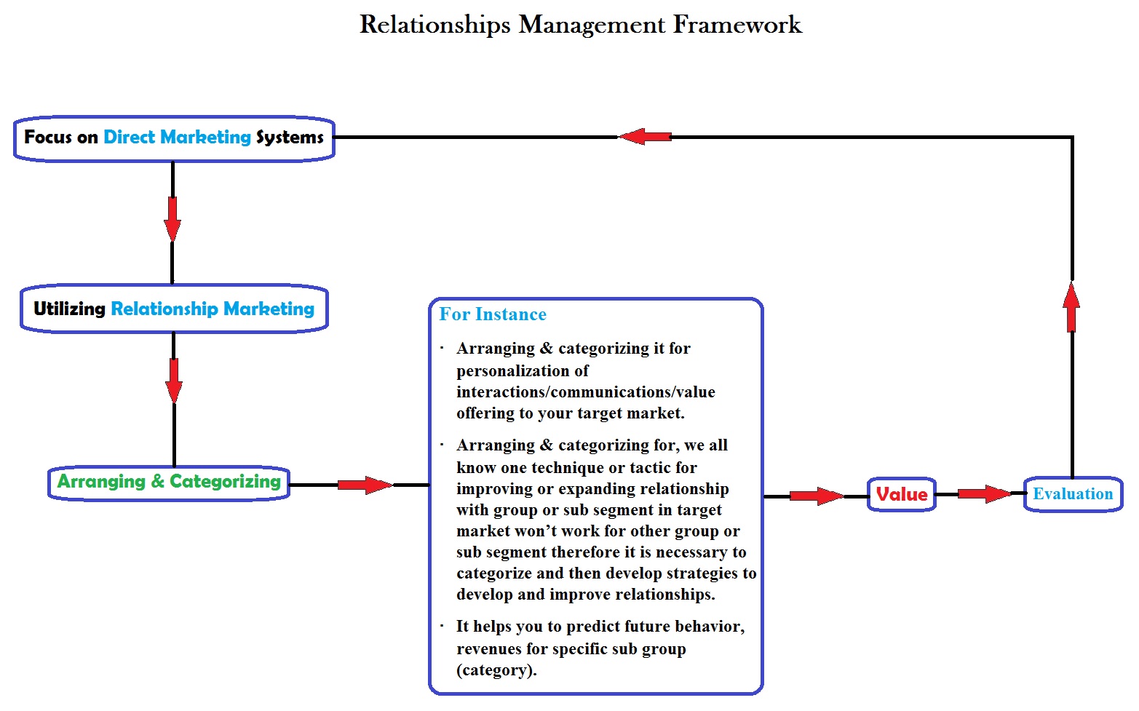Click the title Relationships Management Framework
[x=580, y=25]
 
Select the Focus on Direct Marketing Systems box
[x=174, y=138]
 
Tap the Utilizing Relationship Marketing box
[x=174, y=309]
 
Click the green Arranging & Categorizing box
[x=169, y=482]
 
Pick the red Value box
[x=902, y=495]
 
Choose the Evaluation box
[x=1073, y=494]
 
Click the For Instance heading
[x=493, y=314]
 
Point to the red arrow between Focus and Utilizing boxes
[x=172, y=218]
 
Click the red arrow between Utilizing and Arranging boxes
[x=174, y=380]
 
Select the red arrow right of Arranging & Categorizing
[x=365, y=485]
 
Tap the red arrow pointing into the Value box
[x=816, y=496]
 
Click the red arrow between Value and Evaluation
[x=984, y=494]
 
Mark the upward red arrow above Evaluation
[x=1071, y=307]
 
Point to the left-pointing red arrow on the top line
[x=645, y=136]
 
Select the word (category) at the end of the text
[x=496, y=670]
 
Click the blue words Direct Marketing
[x=177, y=138]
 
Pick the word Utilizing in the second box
[x=70, y=309]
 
